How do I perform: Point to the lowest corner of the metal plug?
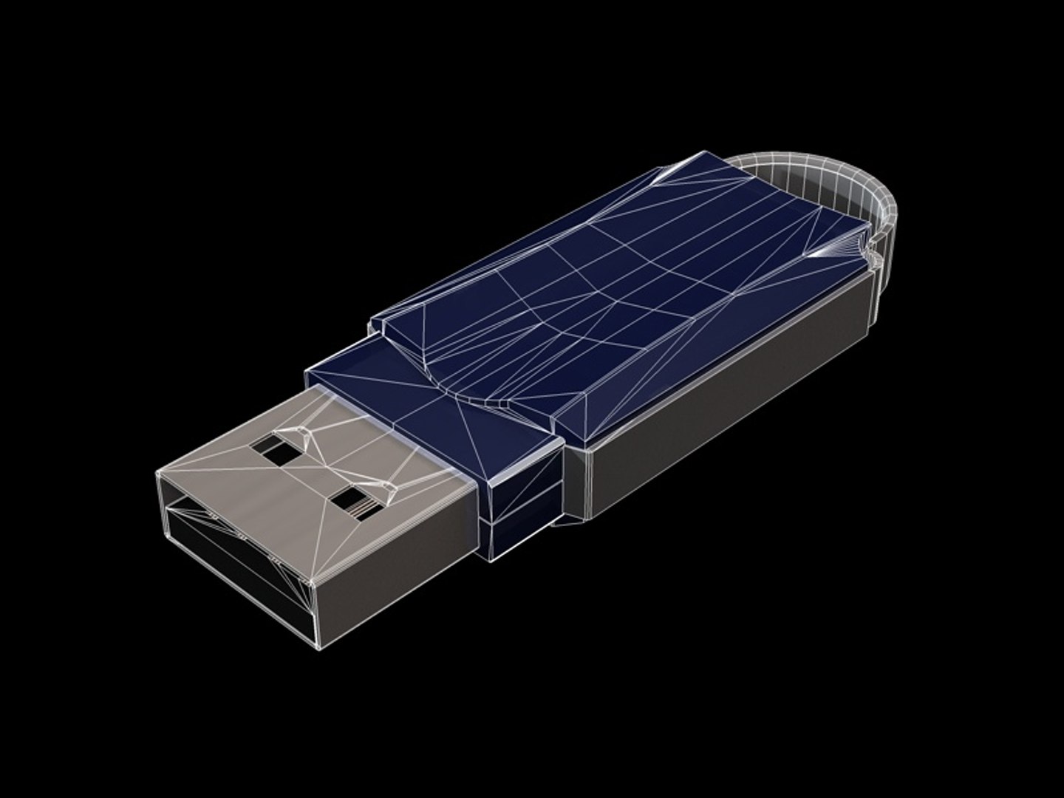tap(319, 649)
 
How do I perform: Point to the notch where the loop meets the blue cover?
tap(872, 255)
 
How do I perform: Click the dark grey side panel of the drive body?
tap(739, 399)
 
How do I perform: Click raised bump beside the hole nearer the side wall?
tap(384, 488)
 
